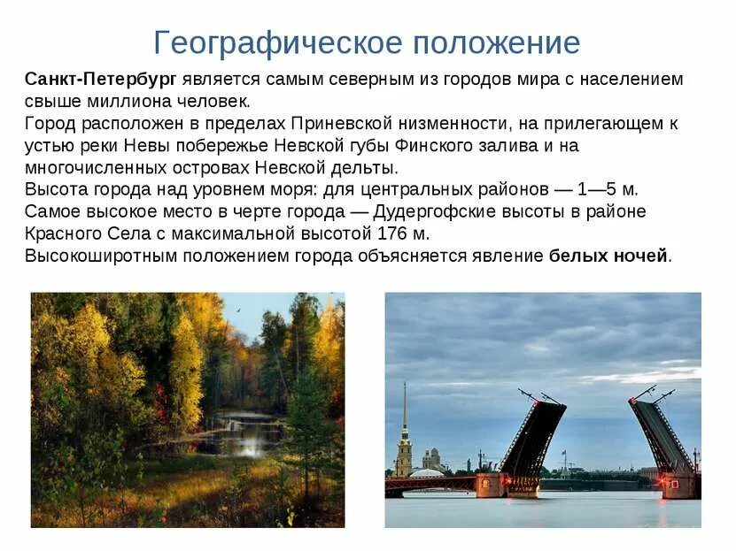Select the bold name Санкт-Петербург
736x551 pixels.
[100, 79]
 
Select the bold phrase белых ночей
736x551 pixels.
[608, 256]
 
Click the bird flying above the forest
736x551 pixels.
[237, 310]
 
